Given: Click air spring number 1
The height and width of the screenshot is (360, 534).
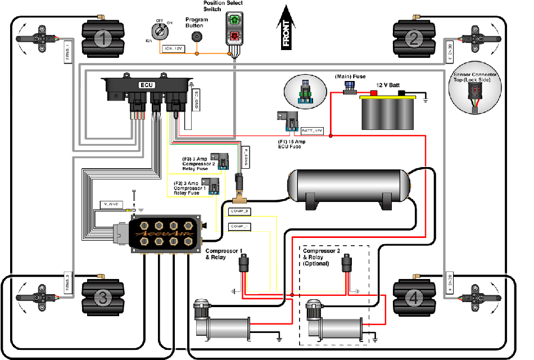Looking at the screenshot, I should pos(102,38).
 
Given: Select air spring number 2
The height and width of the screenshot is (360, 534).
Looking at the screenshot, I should pos(413,38).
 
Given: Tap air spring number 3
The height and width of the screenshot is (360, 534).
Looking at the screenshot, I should pos(102,299).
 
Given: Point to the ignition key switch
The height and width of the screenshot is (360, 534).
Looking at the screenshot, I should pos(159,31).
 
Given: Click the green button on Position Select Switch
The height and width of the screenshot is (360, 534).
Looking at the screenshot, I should pos(233,20).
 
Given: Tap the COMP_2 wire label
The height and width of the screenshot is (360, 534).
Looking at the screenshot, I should pos(240,211).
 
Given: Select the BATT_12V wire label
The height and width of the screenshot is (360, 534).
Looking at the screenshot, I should pos(313,130).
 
